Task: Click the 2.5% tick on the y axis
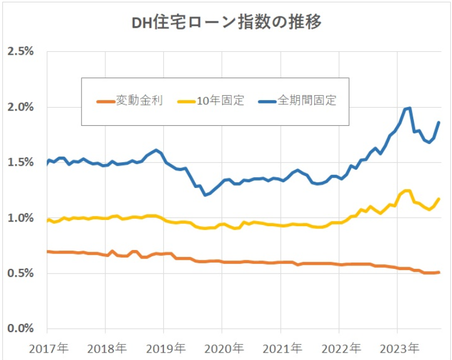[x=20, y=52]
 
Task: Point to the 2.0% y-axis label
[x=20, y=107]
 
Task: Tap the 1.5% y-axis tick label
[x=20, y=162]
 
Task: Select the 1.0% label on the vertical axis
[x=20, y=218]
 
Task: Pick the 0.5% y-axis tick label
[x=20, y=273]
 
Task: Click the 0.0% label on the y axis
[x=20, y=328]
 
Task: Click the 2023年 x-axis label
[x=398, y=347]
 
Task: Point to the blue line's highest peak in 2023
[x=408, y=108]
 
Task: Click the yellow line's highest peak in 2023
[x=406, y=191]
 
